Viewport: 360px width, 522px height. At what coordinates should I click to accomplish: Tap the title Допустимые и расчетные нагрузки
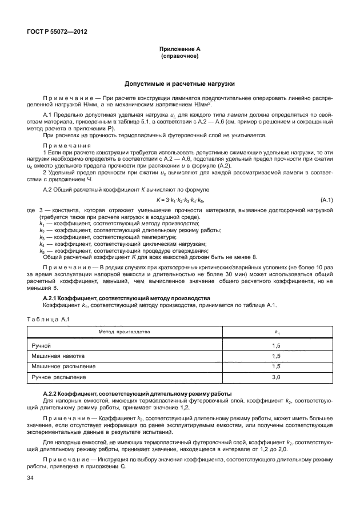180,84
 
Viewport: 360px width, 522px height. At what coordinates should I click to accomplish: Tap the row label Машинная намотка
55,356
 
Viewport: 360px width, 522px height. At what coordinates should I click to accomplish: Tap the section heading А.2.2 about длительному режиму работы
137,394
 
